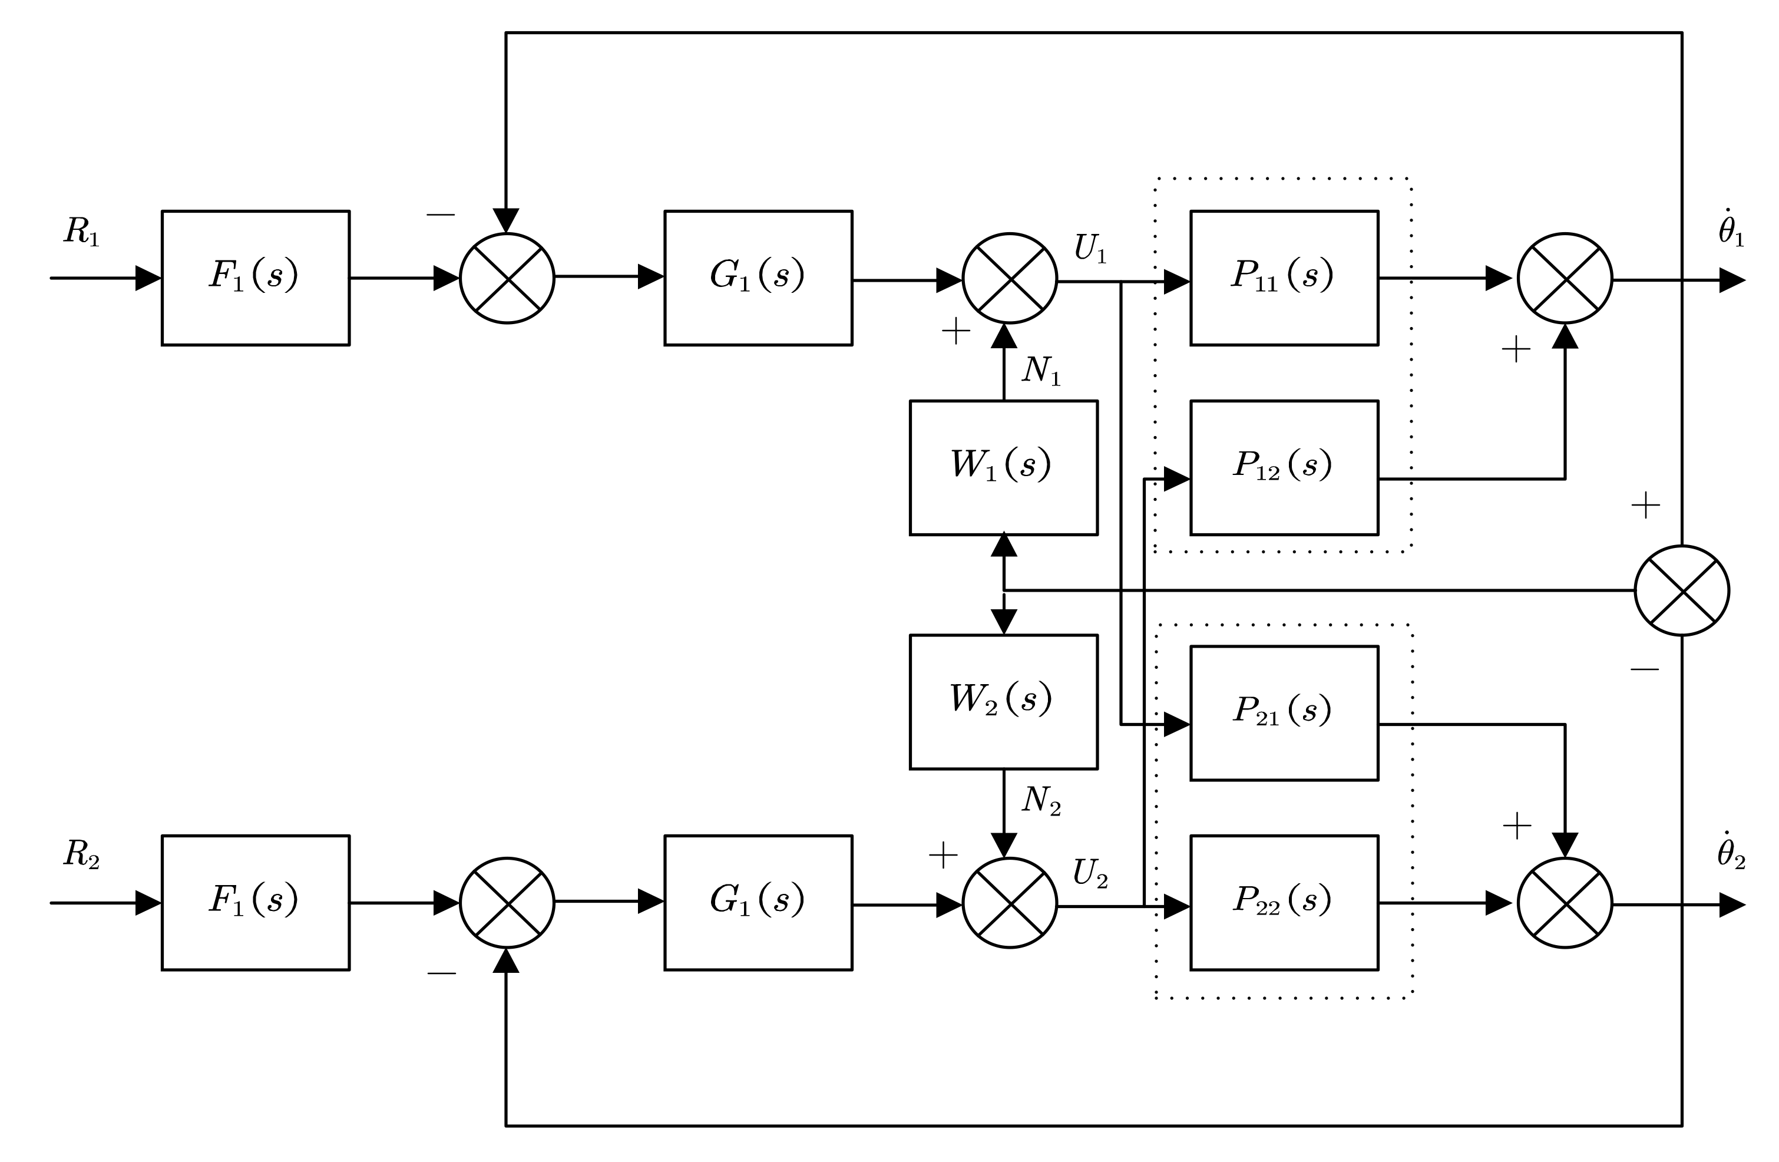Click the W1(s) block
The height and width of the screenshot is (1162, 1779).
pos(1003,467)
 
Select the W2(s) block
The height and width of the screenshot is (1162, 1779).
pos(1003,701)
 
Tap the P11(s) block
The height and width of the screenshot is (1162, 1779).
pos(1284,278)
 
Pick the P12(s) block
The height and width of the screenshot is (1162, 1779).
pos(1284,467)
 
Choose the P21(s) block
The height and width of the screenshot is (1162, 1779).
pos(1284,712)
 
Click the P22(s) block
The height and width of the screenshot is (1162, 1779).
pos(1284,903)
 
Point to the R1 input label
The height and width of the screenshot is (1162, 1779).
pos(81,232)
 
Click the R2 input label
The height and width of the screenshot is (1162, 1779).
pos(81,854)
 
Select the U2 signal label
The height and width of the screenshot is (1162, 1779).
pos(1089,873)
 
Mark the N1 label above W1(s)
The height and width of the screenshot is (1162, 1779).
pos(1040,371)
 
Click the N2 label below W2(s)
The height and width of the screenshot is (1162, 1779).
pos(1040,801)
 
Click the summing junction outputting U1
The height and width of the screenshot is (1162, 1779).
pos(1009,278)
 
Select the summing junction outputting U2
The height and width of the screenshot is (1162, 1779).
pos(1009,903)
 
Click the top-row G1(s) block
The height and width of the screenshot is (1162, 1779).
pos(758,278)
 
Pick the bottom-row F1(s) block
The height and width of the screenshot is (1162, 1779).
pos(255,903)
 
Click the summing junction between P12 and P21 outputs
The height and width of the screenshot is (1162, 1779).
pos(1682,590)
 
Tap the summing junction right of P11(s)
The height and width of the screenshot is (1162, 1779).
pos(1565,278)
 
